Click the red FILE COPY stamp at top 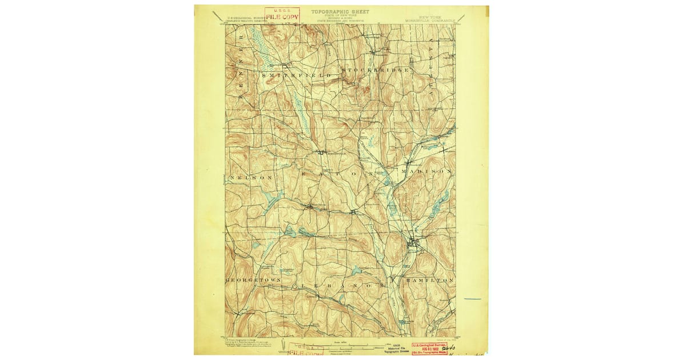282,14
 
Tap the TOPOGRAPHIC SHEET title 340,11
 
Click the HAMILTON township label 429,281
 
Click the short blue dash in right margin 472,299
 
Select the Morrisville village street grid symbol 321,153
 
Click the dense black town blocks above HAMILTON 414,245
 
